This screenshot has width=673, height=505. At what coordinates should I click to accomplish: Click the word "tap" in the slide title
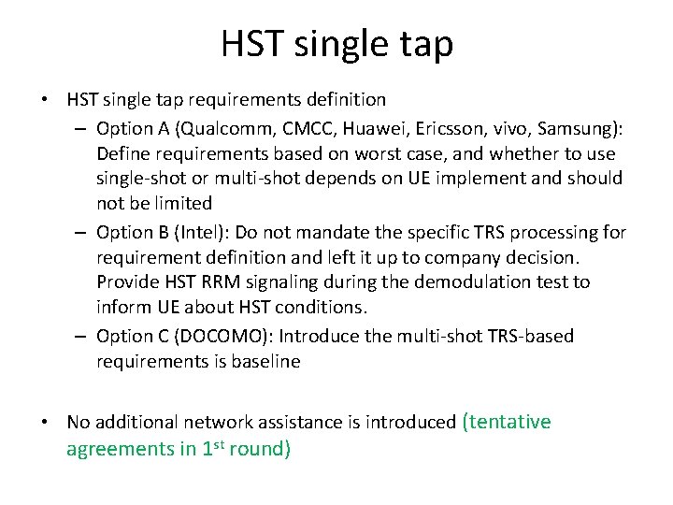click(424, 43)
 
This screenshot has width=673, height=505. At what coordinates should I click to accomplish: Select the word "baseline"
click(266, 362)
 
